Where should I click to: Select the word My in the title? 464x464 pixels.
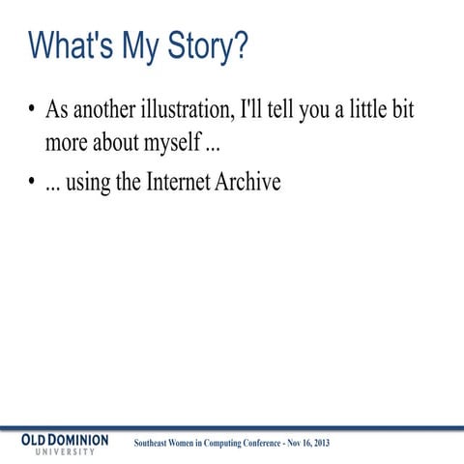135,46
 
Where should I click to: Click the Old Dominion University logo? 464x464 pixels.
66,445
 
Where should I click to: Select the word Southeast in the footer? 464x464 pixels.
158,444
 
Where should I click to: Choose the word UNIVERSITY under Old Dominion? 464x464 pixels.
66,452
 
